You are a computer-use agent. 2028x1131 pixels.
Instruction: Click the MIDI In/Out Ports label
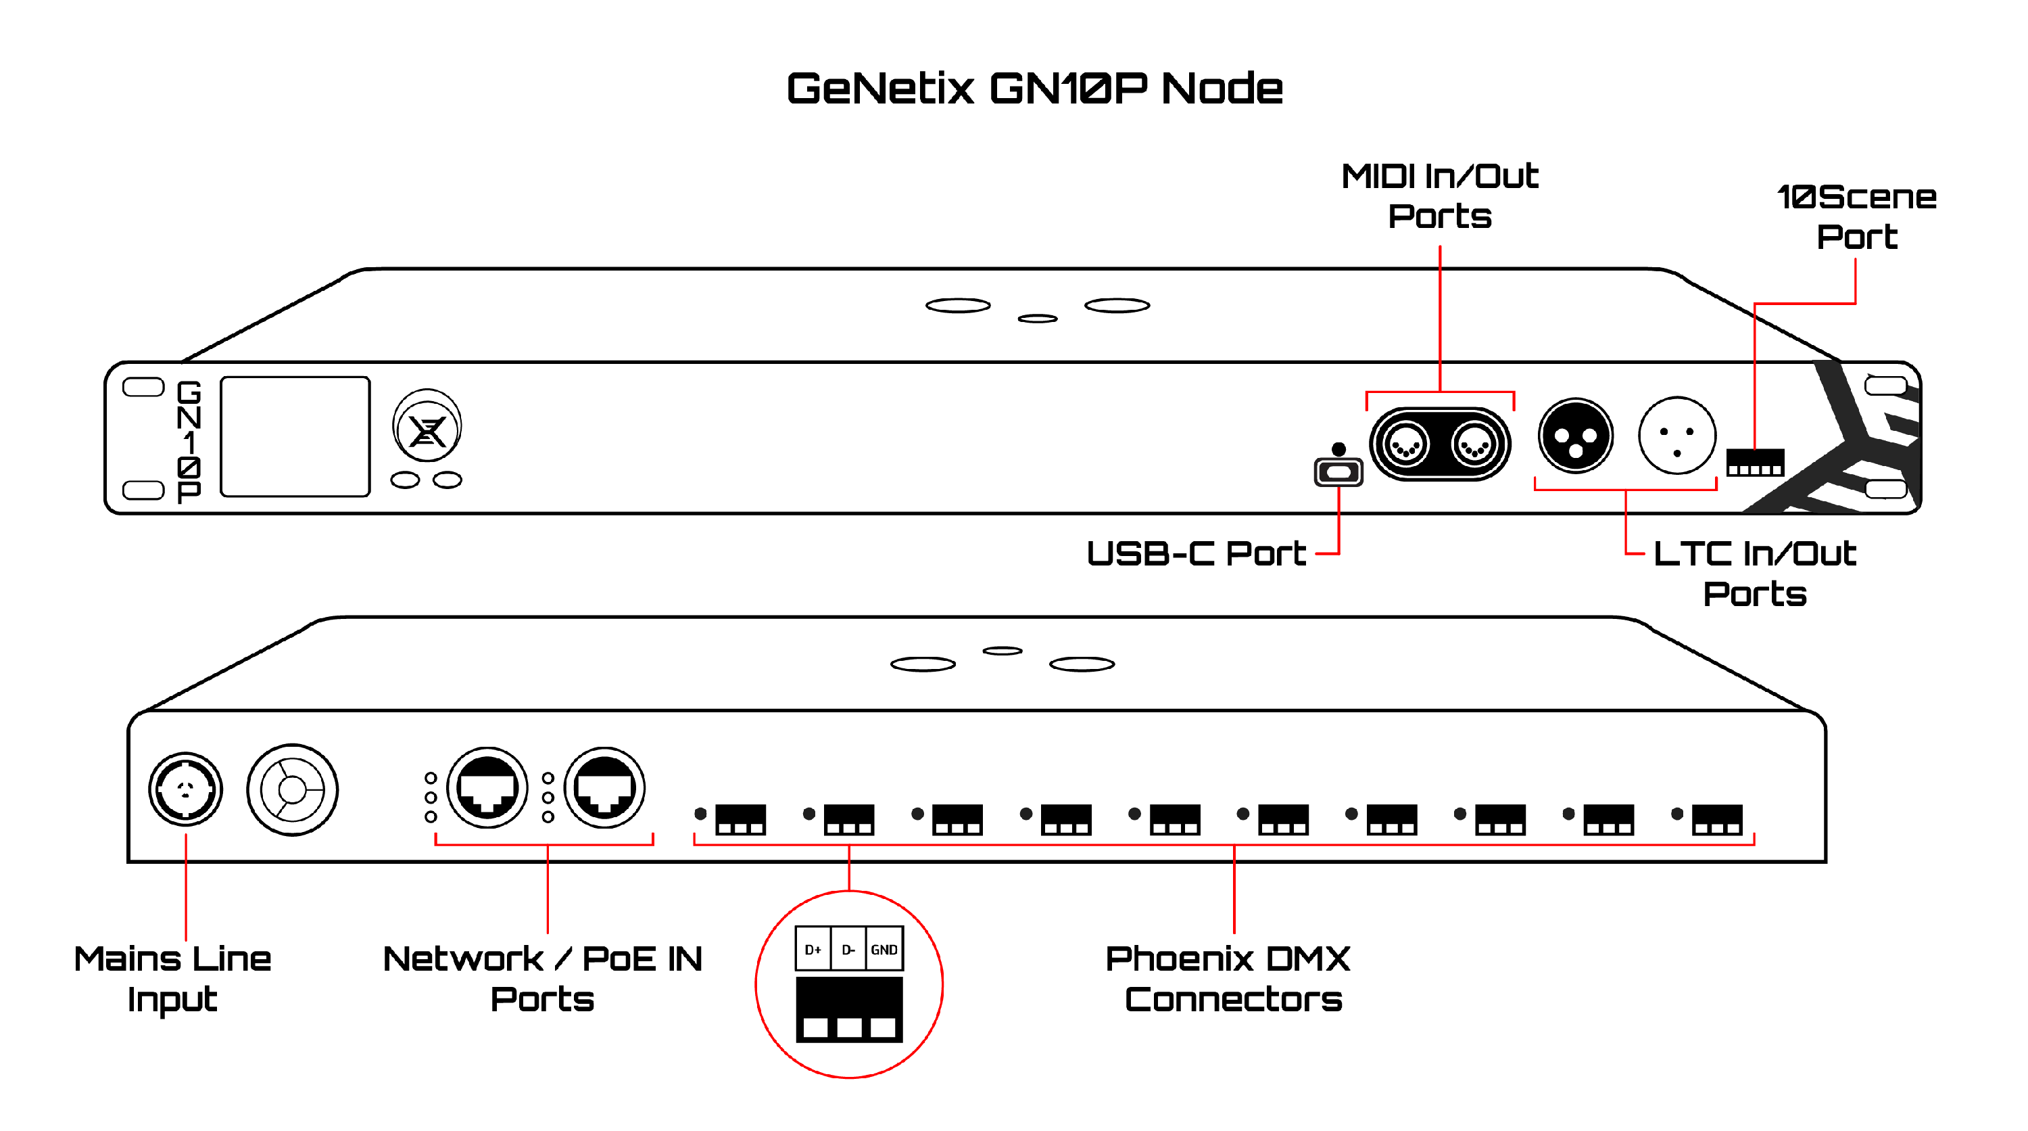1439,196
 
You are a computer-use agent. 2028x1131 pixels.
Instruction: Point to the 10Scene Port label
1856,216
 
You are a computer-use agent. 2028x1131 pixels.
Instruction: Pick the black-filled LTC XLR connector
1575,436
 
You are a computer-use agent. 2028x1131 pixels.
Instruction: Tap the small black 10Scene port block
1755,463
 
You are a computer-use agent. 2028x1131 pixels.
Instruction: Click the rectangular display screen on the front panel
295,436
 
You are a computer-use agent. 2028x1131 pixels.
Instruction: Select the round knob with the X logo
427,428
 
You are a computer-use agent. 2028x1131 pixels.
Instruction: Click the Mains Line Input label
172,978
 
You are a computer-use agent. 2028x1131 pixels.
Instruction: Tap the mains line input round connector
185,789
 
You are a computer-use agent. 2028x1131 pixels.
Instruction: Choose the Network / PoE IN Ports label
542,978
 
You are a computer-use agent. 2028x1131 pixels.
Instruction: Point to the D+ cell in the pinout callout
813,949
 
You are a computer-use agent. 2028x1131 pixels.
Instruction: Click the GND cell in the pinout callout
884,949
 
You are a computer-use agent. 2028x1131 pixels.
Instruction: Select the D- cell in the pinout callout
848,949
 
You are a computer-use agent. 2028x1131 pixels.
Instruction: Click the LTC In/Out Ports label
1755,574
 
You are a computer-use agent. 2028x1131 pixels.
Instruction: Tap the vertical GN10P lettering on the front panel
189,441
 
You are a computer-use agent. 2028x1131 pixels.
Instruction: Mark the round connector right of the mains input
292,789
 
